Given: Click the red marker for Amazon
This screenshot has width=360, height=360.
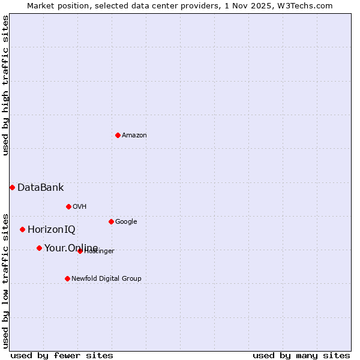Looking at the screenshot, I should tap(118, 135).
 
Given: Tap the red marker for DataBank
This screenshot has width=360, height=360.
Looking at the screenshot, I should tap(12, 187).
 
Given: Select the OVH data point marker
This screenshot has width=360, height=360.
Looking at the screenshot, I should tap(68, 206).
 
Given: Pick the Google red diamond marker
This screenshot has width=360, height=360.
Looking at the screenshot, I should tap(111, 221).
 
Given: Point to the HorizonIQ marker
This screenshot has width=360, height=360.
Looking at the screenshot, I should tap(22, 229).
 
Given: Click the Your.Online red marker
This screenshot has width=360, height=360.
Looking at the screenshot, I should tap(39, 248).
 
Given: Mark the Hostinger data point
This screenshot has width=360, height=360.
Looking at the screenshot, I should tap(80, 251).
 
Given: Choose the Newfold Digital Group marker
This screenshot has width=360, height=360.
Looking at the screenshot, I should tap(67, 278).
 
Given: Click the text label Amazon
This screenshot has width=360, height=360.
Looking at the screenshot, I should tap(134, 135).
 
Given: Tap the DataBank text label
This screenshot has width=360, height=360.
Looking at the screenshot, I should tap(40, 187).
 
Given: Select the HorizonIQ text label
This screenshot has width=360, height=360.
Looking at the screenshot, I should tap(52, 229).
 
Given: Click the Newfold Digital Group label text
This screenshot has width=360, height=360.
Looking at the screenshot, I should tap(106, 278).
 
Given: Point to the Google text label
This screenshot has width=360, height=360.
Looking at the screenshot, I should tap(126, 221).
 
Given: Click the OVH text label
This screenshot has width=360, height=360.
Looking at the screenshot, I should tap(80, 206).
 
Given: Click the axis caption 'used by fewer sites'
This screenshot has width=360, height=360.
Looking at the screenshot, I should tap(62, 355).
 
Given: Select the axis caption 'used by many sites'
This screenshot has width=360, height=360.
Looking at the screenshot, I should tap(301, 355).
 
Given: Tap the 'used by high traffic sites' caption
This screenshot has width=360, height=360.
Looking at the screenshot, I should tap(5, 85).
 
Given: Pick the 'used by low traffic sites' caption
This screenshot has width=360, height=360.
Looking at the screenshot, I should tap(5, 280).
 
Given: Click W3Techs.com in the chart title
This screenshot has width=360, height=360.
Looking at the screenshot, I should tap(308, 5).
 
